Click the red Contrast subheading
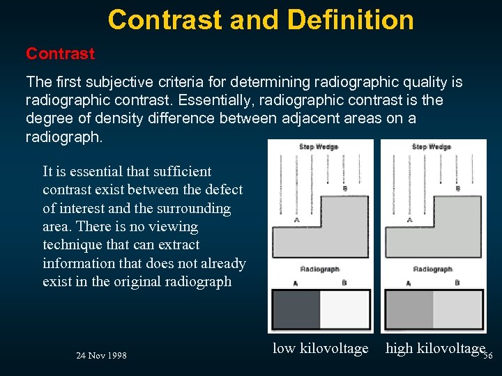tap(60, 54)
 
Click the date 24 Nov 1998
tap(101, 356)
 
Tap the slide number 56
tap(487, 356)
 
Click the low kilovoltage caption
tap(320, 348)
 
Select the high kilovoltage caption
tap(434, 348)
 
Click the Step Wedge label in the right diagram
tap(431, 147)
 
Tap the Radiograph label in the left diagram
tap(319, 269)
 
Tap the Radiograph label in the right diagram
tap(432, 269)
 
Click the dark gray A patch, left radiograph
tap(296, 309)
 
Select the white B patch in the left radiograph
tap(344, 309)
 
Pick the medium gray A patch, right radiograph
tap(409, 309)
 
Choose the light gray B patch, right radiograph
tap(457, 309)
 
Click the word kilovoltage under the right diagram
tap(451, 348)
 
